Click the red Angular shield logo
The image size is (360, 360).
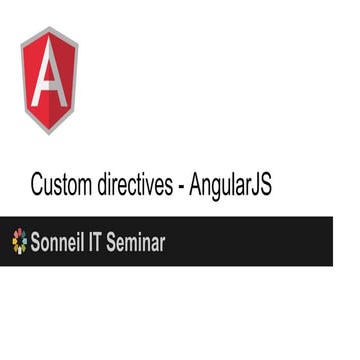pos(49,80)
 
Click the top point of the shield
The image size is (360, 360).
pos(49,27)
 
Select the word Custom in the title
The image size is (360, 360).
pos(65,185)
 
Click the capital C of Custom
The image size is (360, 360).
pos(38,185)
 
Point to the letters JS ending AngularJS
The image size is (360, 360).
pos(264,185)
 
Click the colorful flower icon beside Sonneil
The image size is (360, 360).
pos(18,241)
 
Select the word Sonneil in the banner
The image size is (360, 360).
pos(56,241)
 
